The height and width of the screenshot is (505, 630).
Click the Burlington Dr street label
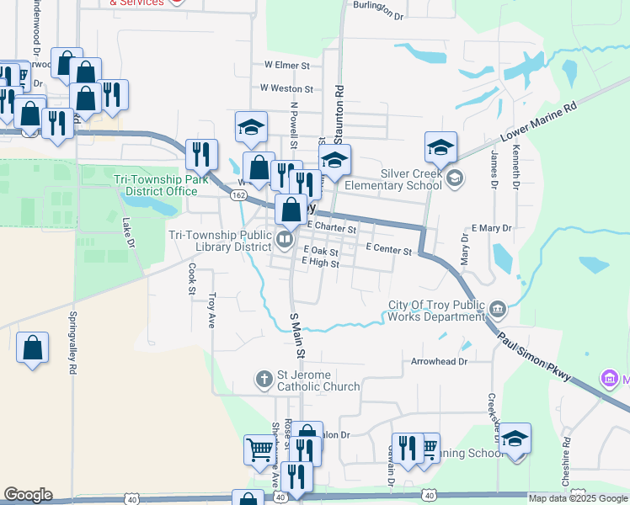coord(379,10)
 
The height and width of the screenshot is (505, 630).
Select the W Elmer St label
coord(288,64)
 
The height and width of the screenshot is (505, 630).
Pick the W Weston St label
coord(286,88)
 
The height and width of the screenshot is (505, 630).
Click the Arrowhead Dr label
coord(439,361)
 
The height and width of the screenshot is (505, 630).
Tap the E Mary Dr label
coord(492,228)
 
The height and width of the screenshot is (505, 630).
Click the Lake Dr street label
coord(129,232)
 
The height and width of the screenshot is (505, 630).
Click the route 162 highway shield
coord(238,195)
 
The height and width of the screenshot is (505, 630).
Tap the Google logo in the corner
coord(28,495)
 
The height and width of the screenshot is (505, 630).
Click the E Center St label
coord(390,250)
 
